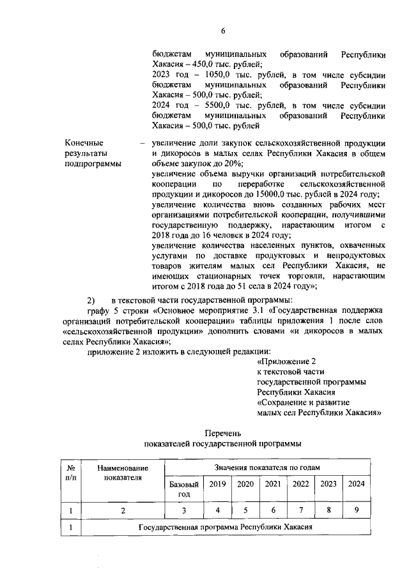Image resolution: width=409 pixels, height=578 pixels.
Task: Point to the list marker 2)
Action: click(91, 300)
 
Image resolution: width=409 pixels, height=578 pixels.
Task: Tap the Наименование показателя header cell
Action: click(123, 473)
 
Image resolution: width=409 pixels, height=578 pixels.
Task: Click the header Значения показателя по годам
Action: click(265, 468)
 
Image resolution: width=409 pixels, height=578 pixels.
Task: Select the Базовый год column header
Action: click(184, 489)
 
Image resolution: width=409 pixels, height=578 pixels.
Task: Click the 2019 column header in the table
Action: click(218, 484)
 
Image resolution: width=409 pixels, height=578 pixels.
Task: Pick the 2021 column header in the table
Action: click(273, 484)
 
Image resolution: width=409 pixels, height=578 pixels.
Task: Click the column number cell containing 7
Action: click(300, 510)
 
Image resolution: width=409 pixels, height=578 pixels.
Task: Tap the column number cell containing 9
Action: click(356, 510)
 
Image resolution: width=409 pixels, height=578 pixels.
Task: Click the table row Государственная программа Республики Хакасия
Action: click(225, 528)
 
